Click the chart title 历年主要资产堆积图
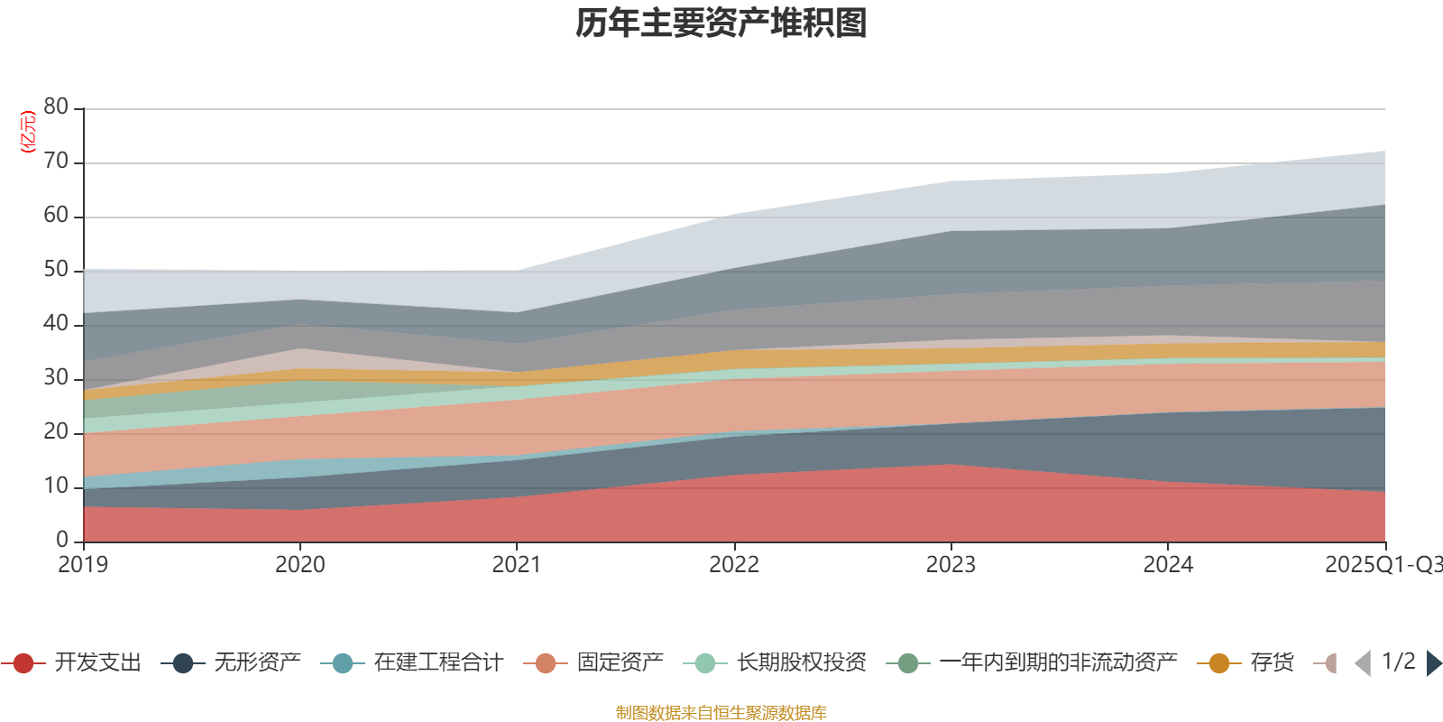tap(721, 23)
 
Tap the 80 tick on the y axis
tap(56, 107)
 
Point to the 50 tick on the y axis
tap(56, 270)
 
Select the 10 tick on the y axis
tap(56, 486)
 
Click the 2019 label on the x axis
tap(83, 565)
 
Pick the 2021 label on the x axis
tap(516, 565)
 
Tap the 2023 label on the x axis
tap(951, 565)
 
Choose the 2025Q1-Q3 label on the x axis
tap(1382, 565)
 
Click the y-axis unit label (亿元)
tap(28, 132)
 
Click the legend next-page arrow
tap(1433, 663)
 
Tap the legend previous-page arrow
tap(1363, 663)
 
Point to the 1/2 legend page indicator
tap(1398, 662)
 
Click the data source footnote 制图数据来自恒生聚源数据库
tap(721, 713)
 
